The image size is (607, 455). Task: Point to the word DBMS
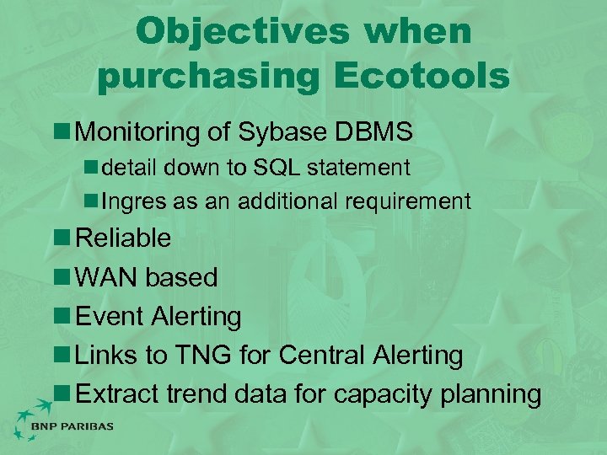click(x=374, y=131)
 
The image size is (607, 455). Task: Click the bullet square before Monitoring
click(x=63, y=132)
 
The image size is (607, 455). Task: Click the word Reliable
click(x=123, y=238)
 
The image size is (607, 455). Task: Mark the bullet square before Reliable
click(x=63, y=238)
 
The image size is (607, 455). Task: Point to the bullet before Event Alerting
click(x=63, y=316)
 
